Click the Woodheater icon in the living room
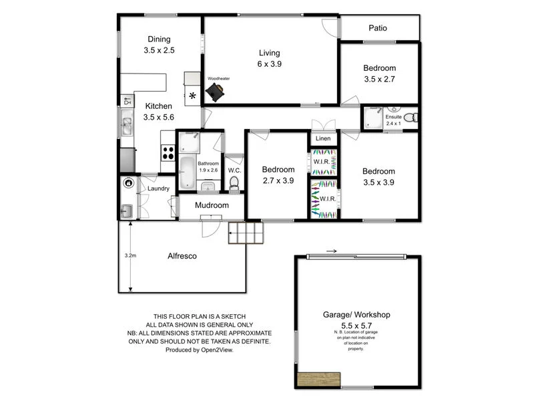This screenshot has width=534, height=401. pos(216,94)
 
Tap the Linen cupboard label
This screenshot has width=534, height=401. pos(323,139)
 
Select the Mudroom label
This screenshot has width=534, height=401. pos(212,205)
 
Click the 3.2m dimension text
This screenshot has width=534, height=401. pos(130,255)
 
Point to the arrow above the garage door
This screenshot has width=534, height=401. pos(332,251)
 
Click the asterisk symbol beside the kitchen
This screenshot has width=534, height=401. pos(193,96)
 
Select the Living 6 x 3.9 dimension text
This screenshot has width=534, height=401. pos(270,64)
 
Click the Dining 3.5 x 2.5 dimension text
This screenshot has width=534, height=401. pos(158,50)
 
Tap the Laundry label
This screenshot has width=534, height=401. pos(158,189)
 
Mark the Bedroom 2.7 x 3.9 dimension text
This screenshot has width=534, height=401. pos(278,181)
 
